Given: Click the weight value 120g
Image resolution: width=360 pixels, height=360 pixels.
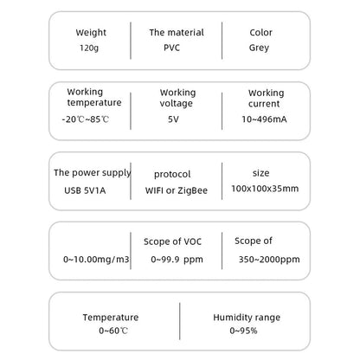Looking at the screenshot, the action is pos(89,48).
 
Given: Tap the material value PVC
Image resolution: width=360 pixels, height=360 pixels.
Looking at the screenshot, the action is pos(171,48).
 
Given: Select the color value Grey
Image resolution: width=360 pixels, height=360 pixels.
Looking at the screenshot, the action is pos(259,48).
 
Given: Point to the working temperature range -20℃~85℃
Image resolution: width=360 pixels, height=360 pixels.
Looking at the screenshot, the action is pos(86,119).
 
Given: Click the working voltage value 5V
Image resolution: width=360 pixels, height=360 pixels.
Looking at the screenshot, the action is pos(173,119).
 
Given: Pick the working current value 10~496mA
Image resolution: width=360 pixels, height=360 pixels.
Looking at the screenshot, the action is pos(264,119).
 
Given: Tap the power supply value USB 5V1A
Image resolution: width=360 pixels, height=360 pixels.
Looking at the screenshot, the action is pos(85,190).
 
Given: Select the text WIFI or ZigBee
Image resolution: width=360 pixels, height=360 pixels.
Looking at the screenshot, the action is pos(177,190).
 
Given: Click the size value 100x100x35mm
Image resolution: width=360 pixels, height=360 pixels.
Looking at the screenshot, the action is pos(265,189).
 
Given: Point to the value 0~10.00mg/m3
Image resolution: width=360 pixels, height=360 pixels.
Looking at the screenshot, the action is pos(96,260).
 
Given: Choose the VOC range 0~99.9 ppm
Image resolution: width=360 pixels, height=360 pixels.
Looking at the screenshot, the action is pos(177,260).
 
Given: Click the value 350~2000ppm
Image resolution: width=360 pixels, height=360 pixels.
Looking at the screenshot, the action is pos(269,260).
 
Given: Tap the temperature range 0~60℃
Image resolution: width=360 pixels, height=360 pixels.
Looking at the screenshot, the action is pos(113,331).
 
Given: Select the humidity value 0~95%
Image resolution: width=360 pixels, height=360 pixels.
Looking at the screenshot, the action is pos(243,331).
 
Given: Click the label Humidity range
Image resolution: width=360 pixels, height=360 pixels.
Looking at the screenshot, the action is pos(247,318).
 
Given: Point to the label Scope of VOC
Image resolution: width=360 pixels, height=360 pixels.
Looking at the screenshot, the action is pos(172,241).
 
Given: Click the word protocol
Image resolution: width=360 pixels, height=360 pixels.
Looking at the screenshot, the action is pos(172,174).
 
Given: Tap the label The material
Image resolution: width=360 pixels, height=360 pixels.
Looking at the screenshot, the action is pos(177,32).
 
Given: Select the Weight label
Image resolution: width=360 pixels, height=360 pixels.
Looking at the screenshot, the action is pos(91,33).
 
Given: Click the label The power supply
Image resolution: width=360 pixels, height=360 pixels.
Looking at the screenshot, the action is pos(93,173).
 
